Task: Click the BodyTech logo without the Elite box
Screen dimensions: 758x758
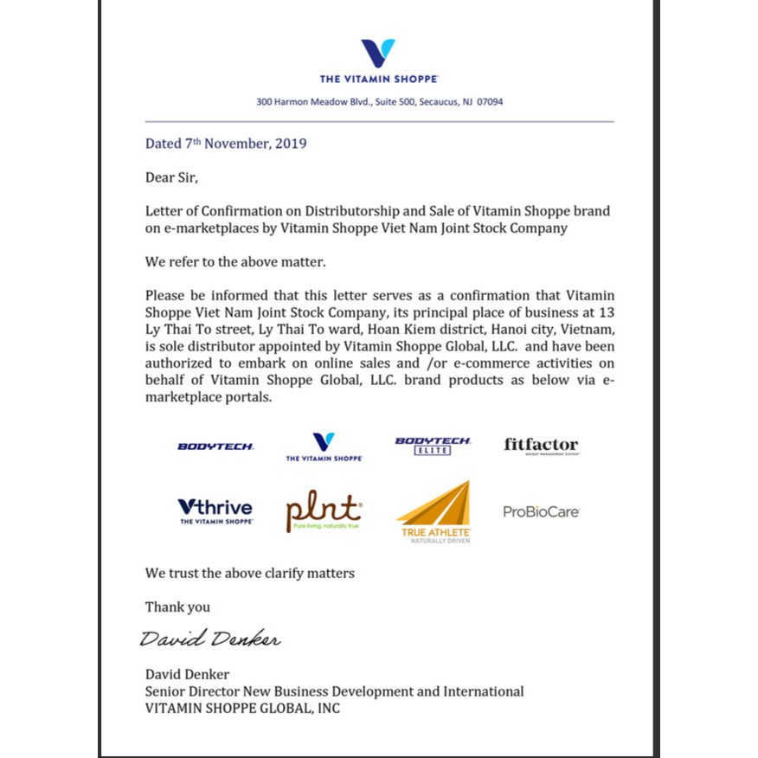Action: coord(215,446)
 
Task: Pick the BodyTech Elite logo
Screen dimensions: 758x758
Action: coord(433,446)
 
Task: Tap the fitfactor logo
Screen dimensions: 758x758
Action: coord(541,446)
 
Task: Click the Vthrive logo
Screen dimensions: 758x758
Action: coord(215,511)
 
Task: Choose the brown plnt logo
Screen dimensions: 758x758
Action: coord(324,511)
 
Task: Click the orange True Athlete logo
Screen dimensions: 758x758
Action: coord(434,512)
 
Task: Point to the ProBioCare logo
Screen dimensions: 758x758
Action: coord(541,511)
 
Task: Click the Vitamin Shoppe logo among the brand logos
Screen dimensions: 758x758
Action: coord(324,446)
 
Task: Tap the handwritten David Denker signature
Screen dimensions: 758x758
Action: coord(210,640)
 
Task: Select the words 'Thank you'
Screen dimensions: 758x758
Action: coord(177,607)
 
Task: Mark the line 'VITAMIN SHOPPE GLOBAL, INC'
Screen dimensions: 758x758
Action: coord(242,709)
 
